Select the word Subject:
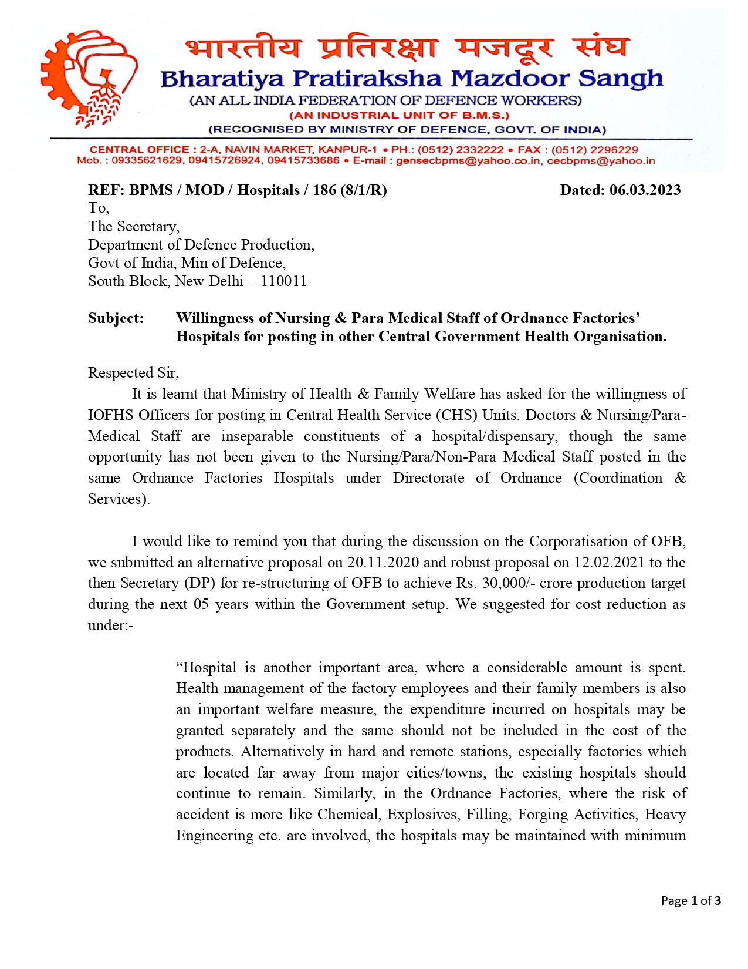point(116,318)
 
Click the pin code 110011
point(284,281)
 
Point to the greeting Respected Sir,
point(134,373)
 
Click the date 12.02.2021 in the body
point(609,563)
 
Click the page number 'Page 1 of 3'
point(691,901)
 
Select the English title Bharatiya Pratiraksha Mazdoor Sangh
point(411,79)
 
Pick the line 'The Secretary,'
point(134,227)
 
